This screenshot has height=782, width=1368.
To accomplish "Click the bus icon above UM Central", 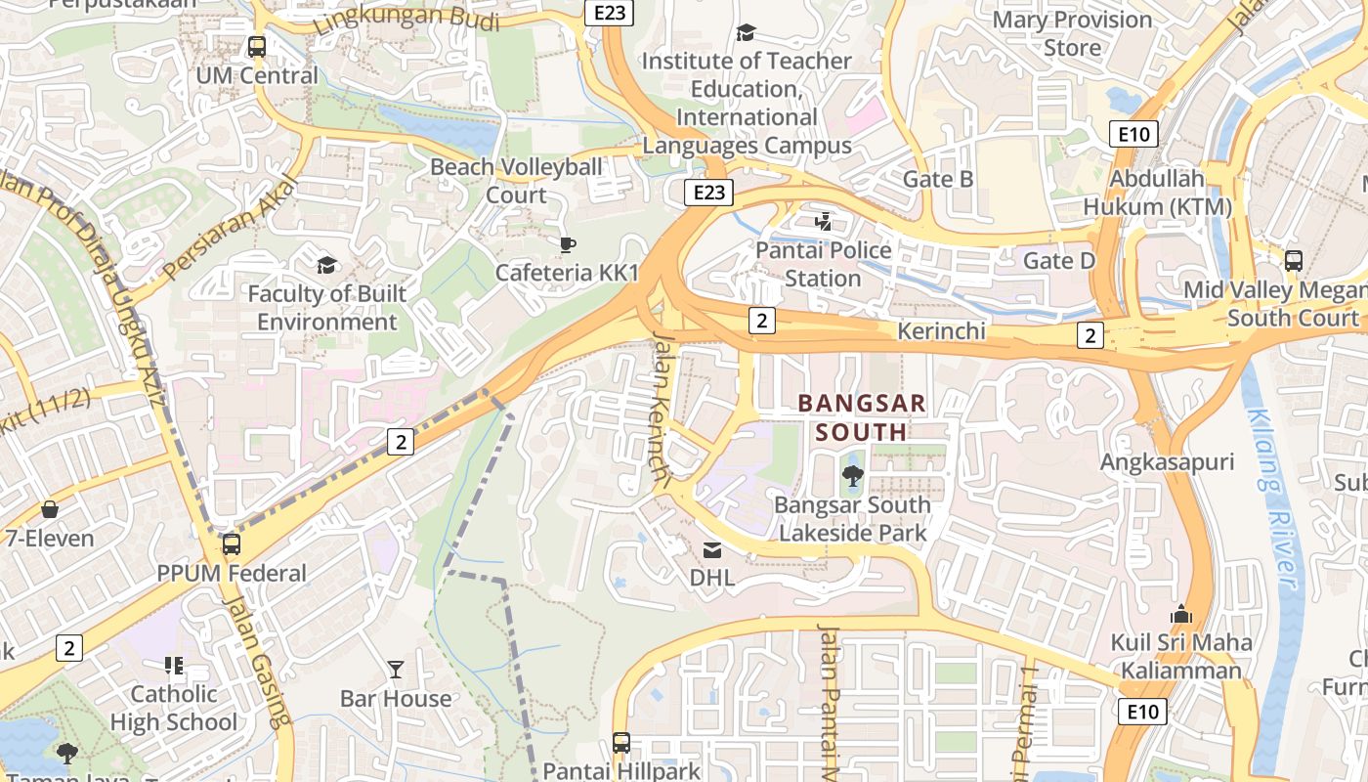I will (257, 46).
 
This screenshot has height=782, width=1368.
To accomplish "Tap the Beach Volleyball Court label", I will (516, 181).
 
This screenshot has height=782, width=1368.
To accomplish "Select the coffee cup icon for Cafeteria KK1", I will (567, 244).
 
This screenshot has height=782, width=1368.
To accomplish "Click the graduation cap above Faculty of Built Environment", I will (326, 265).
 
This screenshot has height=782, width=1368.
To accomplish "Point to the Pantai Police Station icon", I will (823, 222).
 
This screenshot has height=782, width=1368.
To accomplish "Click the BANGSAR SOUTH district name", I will (862, 416).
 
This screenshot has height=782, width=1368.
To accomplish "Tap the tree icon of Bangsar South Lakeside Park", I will (853, 476).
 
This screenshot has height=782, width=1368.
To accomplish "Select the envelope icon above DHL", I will (712, 550).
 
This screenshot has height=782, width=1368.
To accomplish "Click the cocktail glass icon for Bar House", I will (396, 670).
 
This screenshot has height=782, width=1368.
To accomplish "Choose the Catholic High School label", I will (174, 709).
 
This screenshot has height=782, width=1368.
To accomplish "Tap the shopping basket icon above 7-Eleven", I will (50, 509).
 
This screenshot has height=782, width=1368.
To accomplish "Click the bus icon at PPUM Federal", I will (232, 544).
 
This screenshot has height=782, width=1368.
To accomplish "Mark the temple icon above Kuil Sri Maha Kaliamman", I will (1180, 615).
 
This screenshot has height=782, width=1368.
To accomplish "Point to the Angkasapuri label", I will (1167, 462).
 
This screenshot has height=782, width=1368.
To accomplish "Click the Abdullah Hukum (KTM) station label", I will (1157, 193).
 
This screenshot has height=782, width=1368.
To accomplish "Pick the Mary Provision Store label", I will (1072, 33).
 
